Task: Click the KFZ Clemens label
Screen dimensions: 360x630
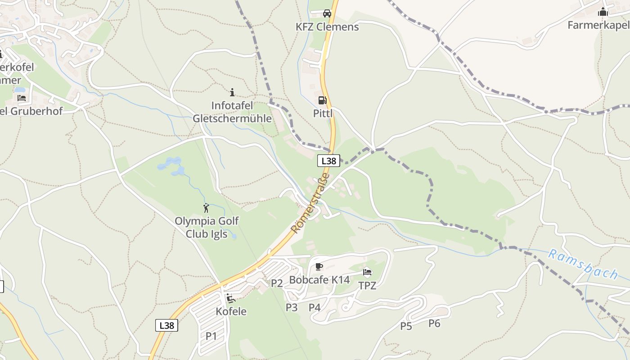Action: tap(327, 27)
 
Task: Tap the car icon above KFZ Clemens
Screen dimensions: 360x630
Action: tap(327, 13)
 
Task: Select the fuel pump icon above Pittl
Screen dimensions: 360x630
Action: tap(322, 100)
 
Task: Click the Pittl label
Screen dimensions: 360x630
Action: tap(323, 113)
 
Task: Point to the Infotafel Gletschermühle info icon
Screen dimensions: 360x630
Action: tap(232, 93)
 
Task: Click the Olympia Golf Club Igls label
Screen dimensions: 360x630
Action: tap(207, 228)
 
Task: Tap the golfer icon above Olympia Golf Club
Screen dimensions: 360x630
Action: tap(206, 208)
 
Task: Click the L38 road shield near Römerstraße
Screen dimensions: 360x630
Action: tap(328, 161)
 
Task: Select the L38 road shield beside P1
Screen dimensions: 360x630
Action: tap(166, 325)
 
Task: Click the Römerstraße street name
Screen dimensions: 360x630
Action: tap(310, 203)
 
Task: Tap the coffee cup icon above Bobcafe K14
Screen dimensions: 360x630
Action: tap(319, 267)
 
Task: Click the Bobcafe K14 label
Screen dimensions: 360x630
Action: tap(319, 280)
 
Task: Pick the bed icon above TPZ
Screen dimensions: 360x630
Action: tap(367, 272)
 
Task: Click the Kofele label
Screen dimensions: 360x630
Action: tap(231, 311)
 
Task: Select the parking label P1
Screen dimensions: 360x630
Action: tap(211, 336)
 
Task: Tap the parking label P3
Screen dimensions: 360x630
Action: tap(292, 307)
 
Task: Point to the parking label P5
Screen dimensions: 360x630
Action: tap(406, 326)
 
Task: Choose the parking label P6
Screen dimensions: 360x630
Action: tap(434, 323)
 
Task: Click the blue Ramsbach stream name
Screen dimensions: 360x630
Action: tap(583, 265)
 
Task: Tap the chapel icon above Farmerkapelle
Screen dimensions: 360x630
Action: tap(603, 12)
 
